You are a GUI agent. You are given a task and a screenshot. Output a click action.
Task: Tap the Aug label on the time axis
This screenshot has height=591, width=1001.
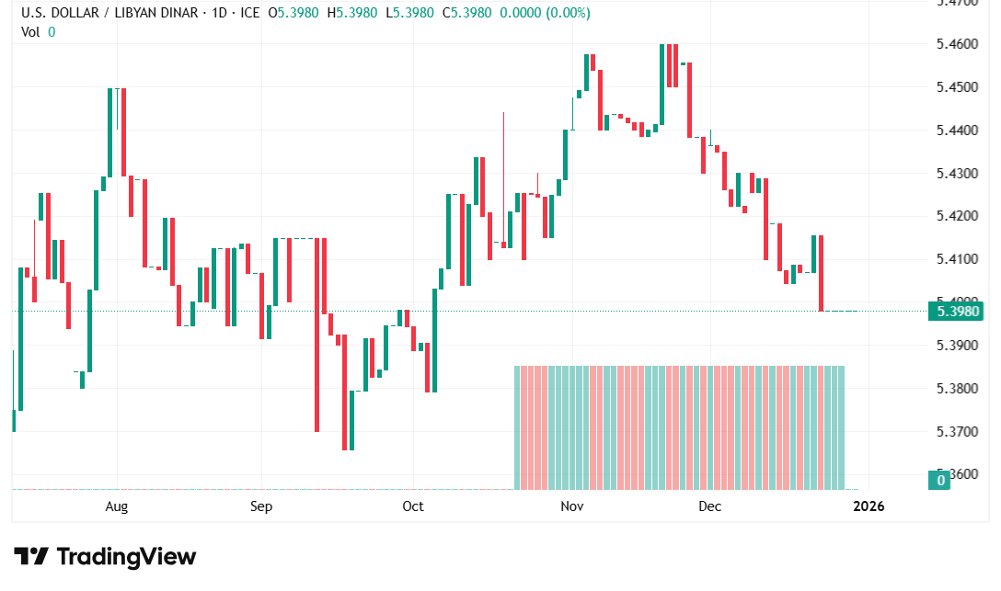116,506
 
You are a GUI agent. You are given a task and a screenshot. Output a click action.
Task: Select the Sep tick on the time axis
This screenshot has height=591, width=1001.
261,506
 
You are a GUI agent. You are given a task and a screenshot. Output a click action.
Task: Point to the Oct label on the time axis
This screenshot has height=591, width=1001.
413,506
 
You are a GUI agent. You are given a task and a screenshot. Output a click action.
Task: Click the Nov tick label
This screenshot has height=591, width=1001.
572,506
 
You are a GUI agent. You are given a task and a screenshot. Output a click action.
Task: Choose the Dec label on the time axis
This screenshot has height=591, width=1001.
709,506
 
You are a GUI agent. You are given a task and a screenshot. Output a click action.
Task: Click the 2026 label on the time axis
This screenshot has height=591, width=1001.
869,506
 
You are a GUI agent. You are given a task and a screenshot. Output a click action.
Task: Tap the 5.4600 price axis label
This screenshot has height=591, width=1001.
956,44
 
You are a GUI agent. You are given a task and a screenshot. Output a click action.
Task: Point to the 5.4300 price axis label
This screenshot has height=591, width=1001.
956,173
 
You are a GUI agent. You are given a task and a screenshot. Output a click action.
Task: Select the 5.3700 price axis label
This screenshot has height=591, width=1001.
956,431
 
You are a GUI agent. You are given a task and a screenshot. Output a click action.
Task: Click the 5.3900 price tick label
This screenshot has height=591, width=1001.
956,345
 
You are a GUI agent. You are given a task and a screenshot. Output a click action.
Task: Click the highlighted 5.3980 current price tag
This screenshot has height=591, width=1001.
956,312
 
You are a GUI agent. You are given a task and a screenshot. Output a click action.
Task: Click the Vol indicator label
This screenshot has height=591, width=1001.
31,31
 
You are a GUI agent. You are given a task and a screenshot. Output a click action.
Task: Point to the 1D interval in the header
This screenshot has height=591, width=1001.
218,13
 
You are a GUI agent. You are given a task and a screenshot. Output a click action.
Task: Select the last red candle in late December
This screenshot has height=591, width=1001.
821,273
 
